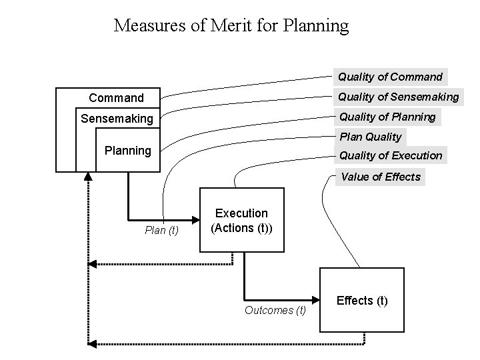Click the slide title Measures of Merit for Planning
231,26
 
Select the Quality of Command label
390,77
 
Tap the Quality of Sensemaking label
399,97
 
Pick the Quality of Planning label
387,117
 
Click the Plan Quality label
371,137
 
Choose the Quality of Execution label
391,155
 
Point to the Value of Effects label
381,177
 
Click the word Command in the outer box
116,98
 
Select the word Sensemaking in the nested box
117,119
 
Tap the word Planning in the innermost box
128,150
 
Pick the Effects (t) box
362,300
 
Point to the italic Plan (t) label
162,231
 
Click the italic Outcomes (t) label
275,310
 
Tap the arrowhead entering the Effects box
315,299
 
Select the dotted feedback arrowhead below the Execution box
93,265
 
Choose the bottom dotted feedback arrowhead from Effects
93,343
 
